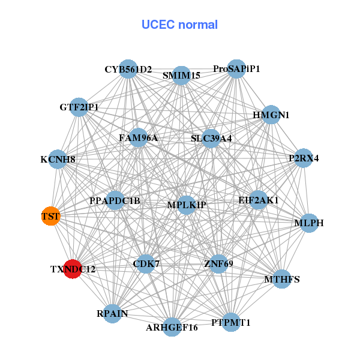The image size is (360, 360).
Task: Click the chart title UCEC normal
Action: [179, 25]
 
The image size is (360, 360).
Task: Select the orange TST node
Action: [51, 216]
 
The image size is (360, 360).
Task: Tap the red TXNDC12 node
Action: [73, 269]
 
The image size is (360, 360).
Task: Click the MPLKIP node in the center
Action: [186, 205]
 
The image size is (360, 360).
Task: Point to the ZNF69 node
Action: [218, 263]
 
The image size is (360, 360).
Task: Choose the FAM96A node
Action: [138, 138]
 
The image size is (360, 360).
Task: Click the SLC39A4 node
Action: [211, 139]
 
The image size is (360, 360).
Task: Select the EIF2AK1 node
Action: [258, 200]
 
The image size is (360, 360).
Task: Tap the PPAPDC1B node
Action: [115, 200]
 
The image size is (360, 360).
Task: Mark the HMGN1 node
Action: [271, 115]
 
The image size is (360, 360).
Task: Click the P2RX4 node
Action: [304, 158]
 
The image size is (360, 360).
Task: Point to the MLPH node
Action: [309, 223]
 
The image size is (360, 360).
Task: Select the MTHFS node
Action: [282, 279]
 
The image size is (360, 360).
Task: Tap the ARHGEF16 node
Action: [172, 327]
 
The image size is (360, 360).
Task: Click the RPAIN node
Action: [112, 313]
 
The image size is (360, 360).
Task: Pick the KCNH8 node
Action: [58, 160]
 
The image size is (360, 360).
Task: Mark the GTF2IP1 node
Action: [79, 107]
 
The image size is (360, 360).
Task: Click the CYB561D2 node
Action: [128, 69]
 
